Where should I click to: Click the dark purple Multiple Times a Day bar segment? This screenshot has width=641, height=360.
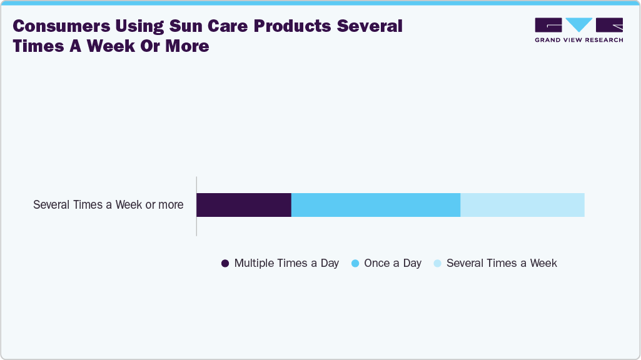click(244, 205)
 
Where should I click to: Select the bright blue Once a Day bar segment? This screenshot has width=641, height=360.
click(376, 205)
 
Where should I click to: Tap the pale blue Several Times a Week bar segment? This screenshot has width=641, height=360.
click(522, 205)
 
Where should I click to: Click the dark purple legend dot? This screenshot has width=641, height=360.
click(226, 264)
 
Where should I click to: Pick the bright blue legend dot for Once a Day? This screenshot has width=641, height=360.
click(355, 264)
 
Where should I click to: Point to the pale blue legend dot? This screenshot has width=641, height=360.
click(438, 264)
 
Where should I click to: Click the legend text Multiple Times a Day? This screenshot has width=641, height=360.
click(286, 263)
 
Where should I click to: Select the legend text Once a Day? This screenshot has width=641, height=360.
click(393, 263)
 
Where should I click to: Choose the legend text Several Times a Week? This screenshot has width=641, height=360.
click(502, 263)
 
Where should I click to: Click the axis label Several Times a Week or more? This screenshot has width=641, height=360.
click(108, 204)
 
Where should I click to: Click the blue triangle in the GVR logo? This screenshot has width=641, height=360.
click(579, 25)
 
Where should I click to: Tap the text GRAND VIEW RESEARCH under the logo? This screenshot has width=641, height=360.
click(578, 40)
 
